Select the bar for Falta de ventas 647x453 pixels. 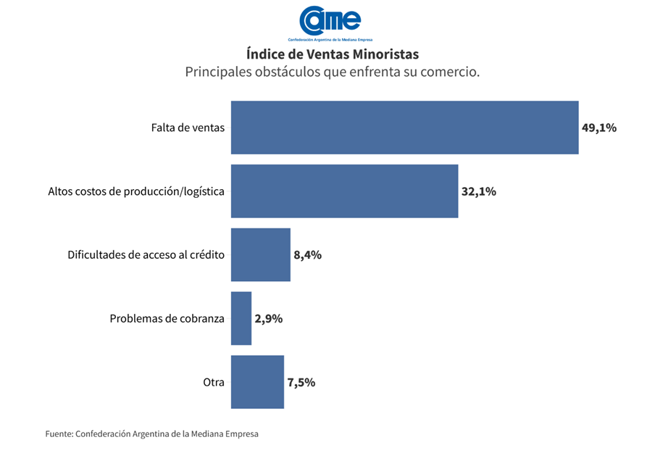[x=404, y=128]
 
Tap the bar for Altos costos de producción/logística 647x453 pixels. [x=344, y=191]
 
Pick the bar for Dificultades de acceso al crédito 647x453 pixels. [x=260, y=254]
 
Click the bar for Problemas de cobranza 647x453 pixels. [x=241, y=318]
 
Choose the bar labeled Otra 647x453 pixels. [x=257, y=382]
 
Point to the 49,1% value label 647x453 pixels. [x=599, y=128]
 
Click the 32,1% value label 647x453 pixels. [x=479, y=192]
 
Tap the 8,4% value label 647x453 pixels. [x=307, y=255]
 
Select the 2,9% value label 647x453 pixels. [x=268, y=319]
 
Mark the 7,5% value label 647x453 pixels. [x=301, y=383]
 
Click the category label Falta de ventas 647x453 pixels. [x=188, y=128]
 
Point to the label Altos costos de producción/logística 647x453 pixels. [x=136, y=192]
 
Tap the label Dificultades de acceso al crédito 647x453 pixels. [x=146, y=255]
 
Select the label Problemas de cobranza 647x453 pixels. [x=167, y=319]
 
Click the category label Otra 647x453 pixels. [x=214, y=383]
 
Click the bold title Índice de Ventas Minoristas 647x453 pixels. [x=332, y=54]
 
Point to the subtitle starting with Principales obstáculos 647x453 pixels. [x=332, y=72]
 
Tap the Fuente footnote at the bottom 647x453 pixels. [x=151, y=434]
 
